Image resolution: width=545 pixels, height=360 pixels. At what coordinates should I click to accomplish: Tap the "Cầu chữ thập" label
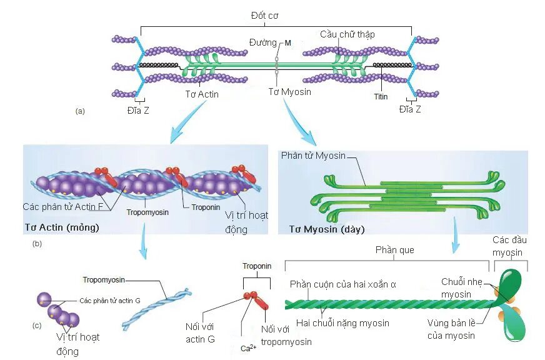pyautogui.click(x=347, y=34)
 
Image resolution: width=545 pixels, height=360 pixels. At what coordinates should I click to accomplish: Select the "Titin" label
pyautogui.click(x=381, y=97)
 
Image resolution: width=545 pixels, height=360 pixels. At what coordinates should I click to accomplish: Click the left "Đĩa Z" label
pyautogui.click(x=138, y=109)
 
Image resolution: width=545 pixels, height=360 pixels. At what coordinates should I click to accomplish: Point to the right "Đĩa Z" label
pyautogui.click(x=409, y=109)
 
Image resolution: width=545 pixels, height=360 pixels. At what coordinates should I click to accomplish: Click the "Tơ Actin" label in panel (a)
pyautogui.click(x=202, y=94)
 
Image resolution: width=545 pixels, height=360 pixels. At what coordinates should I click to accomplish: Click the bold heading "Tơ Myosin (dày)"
pyautogui.click(x=321, y=229)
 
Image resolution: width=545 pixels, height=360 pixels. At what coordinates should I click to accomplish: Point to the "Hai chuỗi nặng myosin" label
pyautogui.click(x=342, y=323)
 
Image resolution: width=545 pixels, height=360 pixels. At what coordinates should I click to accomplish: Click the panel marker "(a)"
pyautogui.click(x=79, y=111)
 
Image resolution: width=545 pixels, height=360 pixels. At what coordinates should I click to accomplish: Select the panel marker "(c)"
pyautogui.click(x=37, y=325)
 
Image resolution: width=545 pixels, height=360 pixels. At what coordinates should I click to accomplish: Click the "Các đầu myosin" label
pyautogui.click(x=507, y=246)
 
